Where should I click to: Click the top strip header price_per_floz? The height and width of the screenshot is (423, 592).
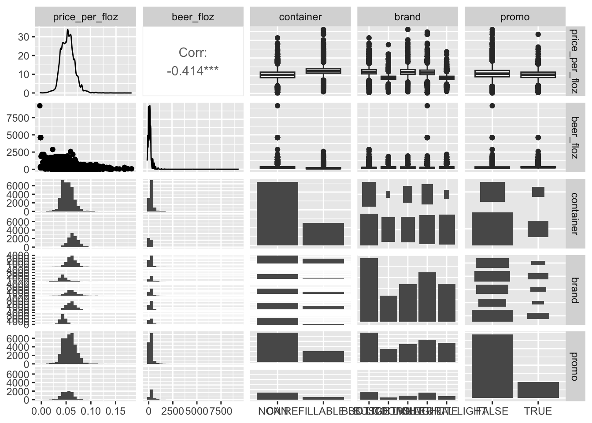85,17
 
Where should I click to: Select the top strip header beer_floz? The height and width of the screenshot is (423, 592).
193,17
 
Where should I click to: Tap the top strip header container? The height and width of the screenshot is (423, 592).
300,17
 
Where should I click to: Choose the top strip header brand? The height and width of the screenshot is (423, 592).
407,17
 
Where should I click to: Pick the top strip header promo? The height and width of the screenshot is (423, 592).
515,17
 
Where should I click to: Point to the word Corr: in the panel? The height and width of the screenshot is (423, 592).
193,53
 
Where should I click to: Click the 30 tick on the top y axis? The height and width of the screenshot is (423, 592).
23,37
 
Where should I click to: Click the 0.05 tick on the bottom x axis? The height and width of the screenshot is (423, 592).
66,411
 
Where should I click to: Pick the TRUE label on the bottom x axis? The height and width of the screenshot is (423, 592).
538,411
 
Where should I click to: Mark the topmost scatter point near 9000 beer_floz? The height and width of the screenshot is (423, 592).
40,105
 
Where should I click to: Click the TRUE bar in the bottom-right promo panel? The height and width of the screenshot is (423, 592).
538,390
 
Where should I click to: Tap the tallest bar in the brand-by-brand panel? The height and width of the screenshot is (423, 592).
369,290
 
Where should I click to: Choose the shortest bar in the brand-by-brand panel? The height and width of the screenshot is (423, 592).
388,308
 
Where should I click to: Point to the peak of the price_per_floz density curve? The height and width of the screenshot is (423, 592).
67,30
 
